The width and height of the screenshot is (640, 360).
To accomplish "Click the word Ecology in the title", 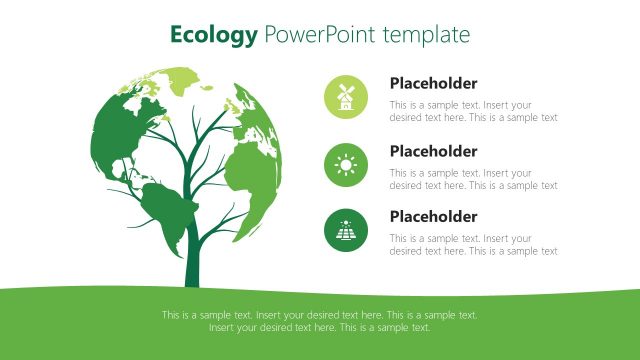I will pos(213,35).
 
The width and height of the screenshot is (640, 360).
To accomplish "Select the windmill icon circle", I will pos(346,97).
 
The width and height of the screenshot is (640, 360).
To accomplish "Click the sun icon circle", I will pos(346,164).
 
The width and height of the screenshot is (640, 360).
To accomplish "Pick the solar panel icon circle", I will pos(346,230).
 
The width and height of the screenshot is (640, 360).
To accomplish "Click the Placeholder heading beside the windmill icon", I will pos(433,84).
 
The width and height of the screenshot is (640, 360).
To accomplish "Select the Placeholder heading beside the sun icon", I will pos(433,151).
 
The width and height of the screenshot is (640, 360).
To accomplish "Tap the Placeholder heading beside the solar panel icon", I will pos(433,217).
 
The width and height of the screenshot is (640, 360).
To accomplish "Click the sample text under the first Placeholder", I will pos(473,111).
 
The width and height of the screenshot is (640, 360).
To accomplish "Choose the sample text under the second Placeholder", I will pos(473,179).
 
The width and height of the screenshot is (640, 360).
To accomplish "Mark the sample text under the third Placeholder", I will pos(473,245).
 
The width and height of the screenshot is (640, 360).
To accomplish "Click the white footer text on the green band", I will pos(320,321).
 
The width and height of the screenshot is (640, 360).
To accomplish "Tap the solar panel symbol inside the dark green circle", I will pos(346,231).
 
